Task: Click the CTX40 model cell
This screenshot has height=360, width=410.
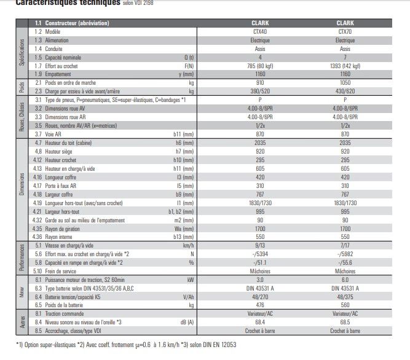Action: tap(260, 31)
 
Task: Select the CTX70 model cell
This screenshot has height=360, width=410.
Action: tap(345, 31)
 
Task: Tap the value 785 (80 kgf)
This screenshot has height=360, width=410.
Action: tap(260, 65)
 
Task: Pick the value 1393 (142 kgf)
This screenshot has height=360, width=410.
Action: tap(345, 65)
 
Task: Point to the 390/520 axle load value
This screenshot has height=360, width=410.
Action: tap(260, 90)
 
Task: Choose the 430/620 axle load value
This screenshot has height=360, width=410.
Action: tap(345, 90)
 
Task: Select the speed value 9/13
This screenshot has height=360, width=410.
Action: tap(260, 245)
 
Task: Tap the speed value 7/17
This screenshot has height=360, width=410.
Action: tap(345, 245)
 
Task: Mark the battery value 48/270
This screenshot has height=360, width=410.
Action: tap(260, 296)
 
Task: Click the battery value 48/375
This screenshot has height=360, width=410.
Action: tap(345, 296)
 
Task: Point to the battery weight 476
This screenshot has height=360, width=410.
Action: tap(260, 305)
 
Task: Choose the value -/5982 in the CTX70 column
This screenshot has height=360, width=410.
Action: tap(345, 253)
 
